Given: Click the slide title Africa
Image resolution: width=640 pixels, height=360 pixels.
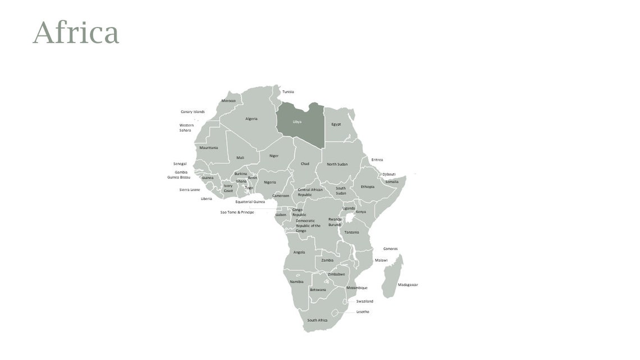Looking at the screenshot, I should point(76,33).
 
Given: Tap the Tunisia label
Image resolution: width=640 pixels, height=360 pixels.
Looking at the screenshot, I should point(288,92).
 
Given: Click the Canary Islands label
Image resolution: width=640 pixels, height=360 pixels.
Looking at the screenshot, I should point(193,112).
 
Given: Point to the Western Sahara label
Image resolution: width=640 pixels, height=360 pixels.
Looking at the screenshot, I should point(186,127).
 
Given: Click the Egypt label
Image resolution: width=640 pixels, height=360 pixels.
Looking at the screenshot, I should point(336,124).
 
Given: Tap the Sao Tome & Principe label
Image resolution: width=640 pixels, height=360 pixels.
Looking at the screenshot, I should point(237,212).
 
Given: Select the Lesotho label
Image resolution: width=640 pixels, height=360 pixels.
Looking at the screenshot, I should point(363,312).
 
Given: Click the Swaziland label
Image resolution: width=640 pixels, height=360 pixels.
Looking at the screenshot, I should point(364,301).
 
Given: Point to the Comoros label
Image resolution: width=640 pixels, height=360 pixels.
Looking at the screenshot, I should point(390,249).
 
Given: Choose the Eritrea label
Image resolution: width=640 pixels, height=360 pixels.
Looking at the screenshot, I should point(377,160).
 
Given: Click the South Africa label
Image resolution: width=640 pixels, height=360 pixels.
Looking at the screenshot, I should point(317,320).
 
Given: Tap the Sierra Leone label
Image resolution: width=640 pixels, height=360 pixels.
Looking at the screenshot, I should point(190,190).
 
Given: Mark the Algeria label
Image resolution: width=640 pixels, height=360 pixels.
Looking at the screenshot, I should point(251,119).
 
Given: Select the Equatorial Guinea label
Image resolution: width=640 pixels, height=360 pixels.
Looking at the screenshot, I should point(250,202).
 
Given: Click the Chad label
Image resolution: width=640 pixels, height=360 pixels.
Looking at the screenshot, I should point(304,164).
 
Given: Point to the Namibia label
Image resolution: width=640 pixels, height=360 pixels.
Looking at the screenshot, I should point(296,281).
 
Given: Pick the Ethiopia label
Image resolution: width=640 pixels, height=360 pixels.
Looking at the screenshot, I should point(367,186).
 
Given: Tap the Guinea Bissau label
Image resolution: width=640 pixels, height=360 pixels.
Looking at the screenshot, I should point(179,177).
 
